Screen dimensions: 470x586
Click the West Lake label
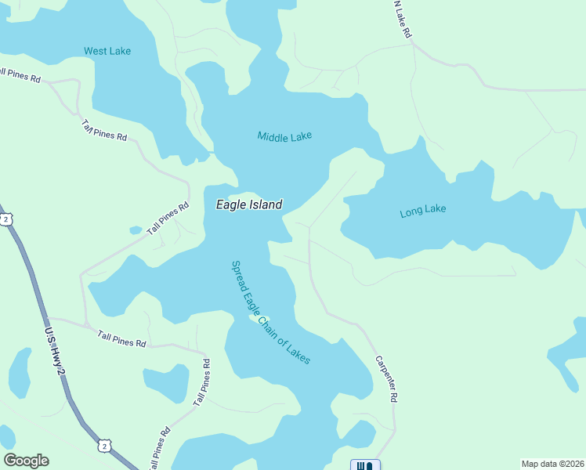tap(107, 52)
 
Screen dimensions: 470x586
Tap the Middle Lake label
tap(284, 136)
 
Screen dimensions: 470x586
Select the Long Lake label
tap(422, 211)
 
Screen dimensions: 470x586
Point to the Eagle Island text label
tap(249, 204)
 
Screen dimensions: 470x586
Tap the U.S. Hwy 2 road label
tap(56, 352)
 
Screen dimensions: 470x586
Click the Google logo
tap(26, 461)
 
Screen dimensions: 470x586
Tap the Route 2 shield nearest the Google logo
tap(104, 446)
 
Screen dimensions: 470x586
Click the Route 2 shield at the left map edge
tap(5, 220)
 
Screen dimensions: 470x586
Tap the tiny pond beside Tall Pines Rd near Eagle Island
tap(136, 230)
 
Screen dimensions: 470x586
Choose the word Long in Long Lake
tap(411, 211)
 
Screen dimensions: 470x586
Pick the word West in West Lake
tap(96, 52)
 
